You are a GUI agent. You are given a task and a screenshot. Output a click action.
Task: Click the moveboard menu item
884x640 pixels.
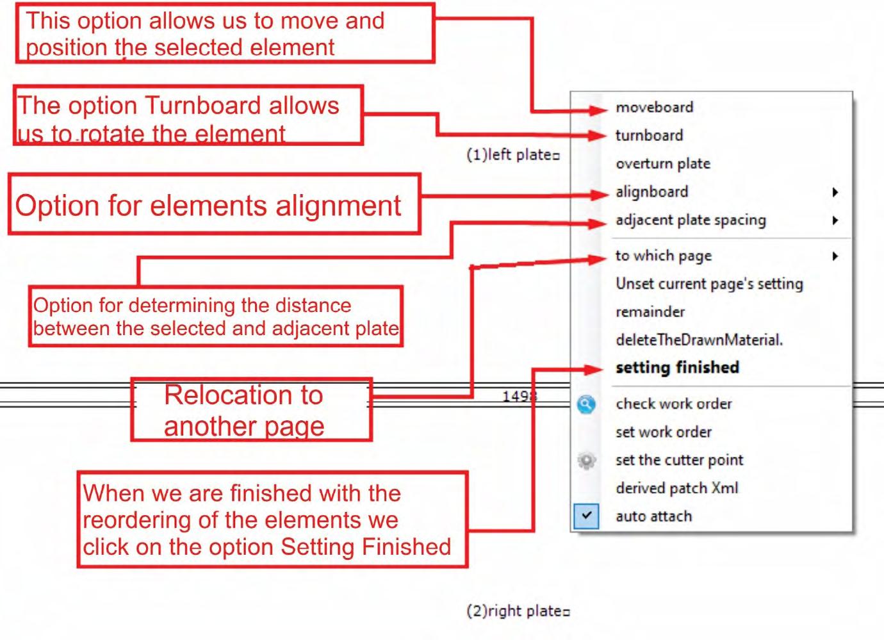(x=654, y=107)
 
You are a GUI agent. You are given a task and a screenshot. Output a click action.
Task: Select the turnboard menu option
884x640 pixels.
(x=649, y=135)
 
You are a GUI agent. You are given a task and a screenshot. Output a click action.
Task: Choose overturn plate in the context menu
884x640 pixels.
(x=662, y=163)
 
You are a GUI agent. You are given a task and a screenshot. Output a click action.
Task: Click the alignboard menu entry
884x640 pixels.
(x=651, y=192)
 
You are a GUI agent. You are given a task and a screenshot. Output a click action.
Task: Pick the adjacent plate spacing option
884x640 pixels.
(x=690, y=220)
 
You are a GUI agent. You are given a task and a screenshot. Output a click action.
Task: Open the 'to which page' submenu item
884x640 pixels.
(x=663, y=256)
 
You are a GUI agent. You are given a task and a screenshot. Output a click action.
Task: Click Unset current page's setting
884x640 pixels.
(x=708, y=284)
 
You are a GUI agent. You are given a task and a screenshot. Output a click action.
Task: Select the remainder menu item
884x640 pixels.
(x=650, y=312)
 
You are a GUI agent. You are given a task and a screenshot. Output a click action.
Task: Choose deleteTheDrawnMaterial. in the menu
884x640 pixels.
(x=699, y=340)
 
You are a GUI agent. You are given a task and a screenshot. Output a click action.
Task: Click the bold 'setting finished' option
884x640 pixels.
(x=677, y=368)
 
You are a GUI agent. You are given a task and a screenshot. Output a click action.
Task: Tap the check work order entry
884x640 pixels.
(x=673, y=404)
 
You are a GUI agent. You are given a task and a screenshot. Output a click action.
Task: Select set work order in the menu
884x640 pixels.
(x=663, y=432)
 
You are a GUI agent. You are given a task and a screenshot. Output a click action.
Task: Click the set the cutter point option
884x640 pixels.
(x=679, y=460)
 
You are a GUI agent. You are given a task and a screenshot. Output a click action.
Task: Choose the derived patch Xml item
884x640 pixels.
(x=676, y=488)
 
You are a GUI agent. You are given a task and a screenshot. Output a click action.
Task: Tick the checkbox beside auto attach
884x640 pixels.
(x=586, y=516)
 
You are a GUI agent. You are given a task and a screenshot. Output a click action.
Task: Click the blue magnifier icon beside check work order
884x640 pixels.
(x=586, y=404)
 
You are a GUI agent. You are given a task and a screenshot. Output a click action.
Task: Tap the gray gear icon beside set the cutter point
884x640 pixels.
(x=586, y=461)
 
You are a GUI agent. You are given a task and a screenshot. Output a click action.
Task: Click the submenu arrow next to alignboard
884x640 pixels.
(x=835, y=192)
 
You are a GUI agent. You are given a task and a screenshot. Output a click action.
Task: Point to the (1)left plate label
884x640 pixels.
(x=512, y=155)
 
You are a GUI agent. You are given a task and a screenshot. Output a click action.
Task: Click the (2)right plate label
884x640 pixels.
(x=518, y=611)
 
